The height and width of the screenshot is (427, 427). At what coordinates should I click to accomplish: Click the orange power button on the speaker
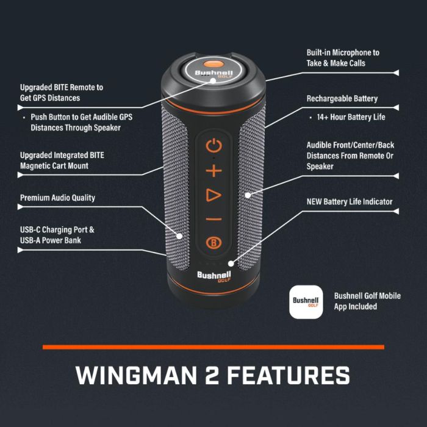point(213,146)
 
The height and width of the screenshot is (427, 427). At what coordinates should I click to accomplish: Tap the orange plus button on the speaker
point(213,171)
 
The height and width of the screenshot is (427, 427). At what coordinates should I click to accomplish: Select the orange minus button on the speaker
point(213,219)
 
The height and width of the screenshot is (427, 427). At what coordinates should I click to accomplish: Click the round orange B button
point(213,243)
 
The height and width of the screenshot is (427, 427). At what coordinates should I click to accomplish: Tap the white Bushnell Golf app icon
point(306,301)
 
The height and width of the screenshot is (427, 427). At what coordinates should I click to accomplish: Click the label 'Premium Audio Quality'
point(57,198)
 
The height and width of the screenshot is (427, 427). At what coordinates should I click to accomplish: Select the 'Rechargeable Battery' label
point(342,99)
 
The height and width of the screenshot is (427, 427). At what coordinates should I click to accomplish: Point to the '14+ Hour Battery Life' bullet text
point(351,117)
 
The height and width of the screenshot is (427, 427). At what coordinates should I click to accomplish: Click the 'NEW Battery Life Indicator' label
point(350,202)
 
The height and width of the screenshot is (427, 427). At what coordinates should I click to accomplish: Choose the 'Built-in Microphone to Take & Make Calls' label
point(342,57)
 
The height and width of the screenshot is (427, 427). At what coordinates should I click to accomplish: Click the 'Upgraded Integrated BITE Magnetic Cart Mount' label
point(62,160)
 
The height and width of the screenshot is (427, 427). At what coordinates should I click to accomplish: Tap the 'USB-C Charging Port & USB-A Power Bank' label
point(57,235)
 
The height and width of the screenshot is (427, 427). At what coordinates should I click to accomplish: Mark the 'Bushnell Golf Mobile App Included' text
point(367,301)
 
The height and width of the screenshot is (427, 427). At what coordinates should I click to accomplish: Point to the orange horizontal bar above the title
point(213,347)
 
